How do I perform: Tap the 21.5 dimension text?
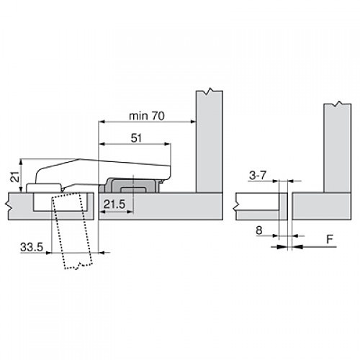[115, 205]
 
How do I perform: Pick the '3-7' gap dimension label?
[258, 175]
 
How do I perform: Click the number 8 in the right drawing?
[258, 230]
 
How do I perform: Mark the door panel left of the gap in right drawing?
[256, 205]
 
